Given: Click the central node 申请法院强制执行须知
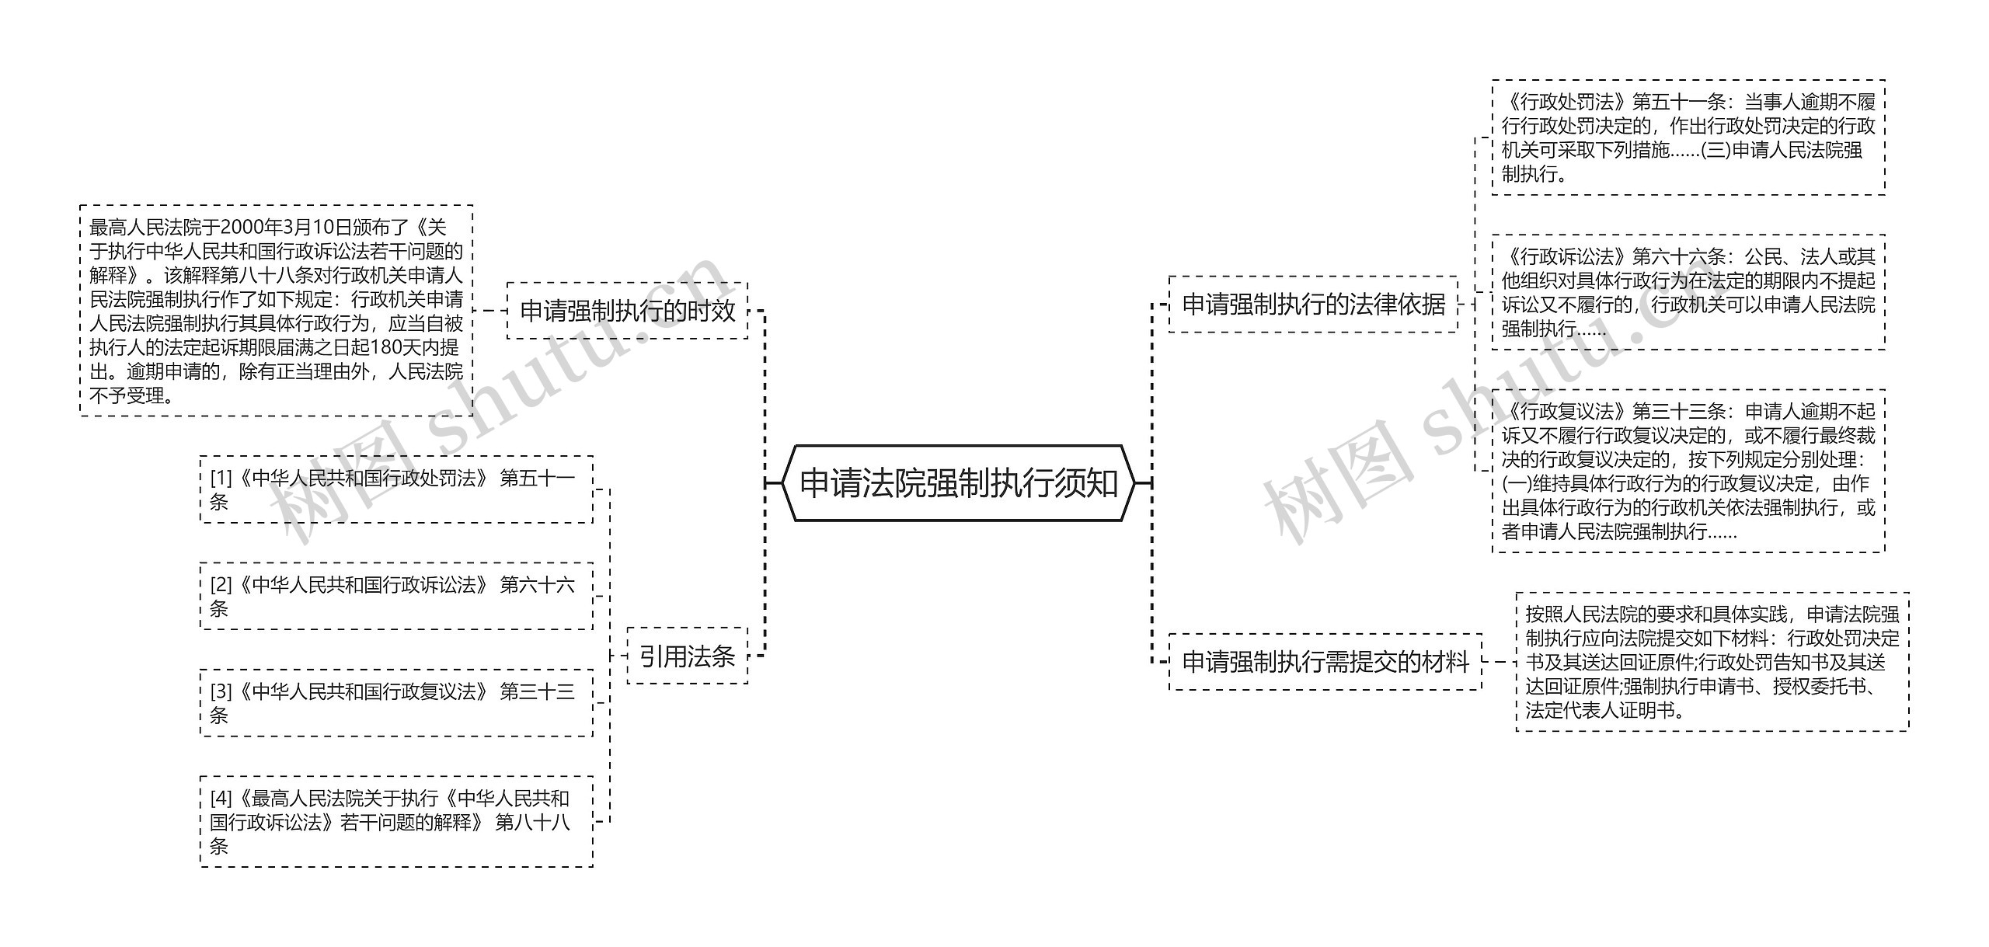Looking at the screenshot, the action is coord(958,483).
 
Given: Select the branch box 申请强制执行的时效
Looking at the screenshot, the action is coord(627,311).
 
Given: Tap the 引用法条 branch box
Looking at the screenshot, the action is coord(687,656).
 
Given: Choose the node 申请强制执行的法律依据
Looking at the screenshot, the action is coord(1313,305).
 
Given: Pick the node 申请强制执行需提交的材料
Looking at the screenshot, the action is coord(1325,662).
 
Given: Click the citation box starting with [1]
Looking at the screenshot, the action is coord(396,489).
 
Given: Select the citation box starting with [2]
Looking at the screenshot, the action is coord(396,596).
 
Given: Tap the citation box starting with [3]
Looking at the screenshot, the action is coord(396,702).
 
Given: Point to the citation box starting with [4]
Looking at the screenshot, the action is coord(396,821).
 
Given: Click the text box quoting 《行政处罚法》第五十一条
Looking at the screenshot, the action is coord(1688,138).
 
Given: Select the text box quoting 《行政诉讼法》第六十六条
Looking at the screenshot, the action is coord(1688,292).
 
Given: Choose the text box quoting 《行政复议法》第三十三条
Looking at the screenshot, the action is coord(1688,471).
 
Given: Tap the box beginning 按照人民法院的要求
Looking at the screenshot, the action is coord(1712,662).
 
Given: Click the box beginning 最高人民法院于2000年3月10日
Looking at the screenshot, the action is coord(276,311).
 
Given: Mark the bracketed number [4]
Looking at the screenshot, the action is coord(221,799).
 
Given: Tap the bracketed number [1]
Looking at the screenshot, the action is coord(221,479).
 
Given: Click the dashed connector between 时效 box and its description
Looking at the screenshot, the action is coord(489,311).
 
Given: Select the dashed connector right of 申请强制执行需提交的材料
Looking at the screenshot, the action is coord(1499,662).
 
